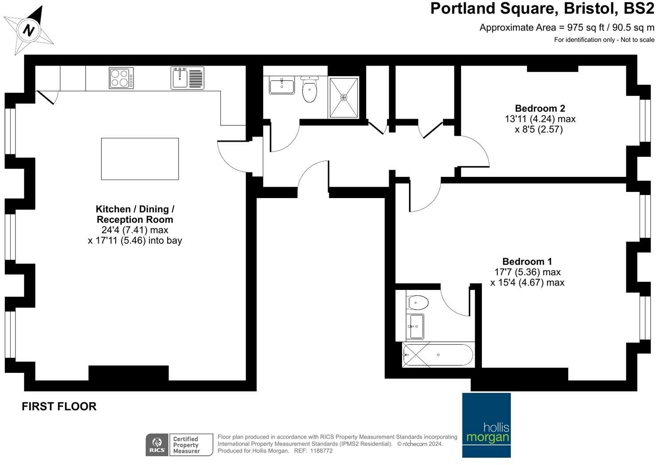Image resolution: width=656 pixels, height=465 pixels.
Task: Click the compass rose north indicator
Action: [x=29, y=30]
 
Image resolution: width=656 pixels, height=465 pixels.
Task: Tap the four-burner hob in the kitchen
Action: [x=121, y=78]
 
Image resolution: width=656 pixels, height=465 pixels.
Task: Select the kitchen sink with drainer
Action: [x=187, y=78]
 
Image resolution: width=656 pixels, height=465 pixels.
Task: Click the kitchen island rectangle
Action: [x=140, y=159]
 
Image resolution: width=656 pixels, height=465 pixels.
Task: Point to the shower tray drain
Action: [x=344, y=97]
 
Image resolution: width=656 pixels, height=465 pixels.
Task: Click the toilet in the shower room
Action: [x=309, y=90]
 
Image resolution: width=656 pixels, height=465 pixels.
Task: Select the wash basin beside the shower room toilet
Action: [x=281, y=85]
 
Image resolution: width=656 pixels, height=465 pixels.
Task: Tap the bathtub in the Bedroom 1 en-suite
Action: [x=437, y=355]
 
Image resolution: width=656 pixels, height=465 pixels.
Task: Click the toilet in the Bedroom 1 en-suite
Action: [x=417, y=303]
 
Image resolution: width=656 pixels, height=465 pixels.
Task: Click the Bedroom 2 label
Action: [x=539, y=108]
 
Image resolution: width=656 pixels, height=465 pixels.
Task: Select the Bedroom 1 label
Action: [x=527, y=262]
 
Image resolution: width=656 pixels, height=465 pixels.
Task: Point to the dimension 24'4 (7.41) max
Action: [x=135, y=230]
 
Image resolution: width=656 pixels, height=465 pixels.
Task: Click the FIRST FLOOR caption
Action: [x=59, y=406]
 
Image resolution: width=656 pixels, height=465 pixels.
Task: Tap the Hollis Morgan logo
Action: [x=486, y=425]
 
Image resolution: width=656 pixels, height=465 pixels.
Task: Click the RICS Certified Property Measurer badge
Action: [x=179, y=445]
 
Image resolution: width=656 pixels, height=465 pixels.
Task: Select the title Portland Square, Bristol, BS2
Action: [x=542, y=9]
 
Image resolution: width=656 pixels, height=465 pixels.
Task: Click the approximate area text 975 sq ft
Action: [x=566, y=27]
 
